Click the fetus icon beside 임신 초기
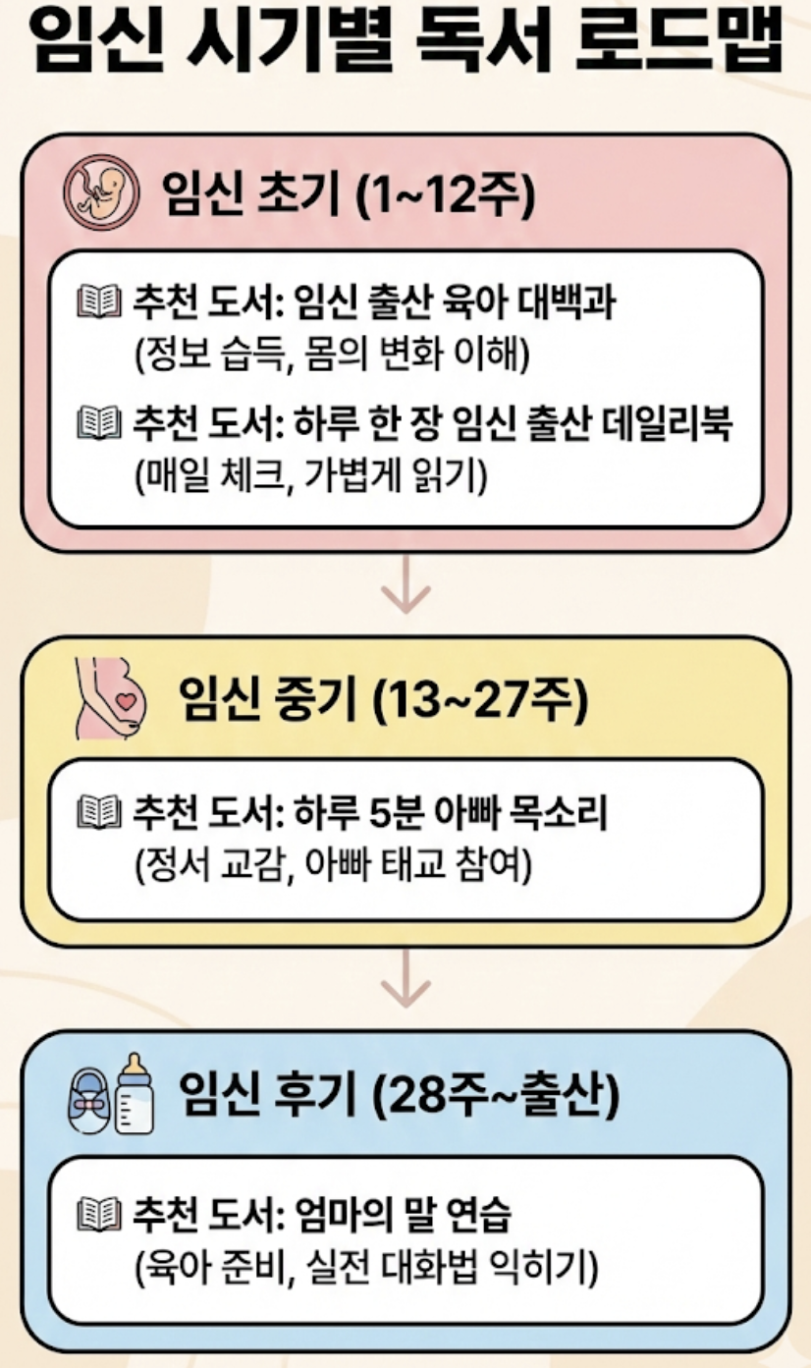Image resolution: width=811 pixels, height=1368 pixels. click(x=101, y=192)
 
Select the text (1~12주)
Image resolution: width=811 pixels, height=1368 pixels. click(x=445, y=193)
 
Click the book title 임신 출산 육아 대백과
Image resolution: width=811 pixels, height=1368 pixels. click(x=455, y=302)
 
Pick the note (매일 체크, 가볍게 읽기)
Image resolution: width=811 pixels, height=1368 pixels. click(x=311, y=474)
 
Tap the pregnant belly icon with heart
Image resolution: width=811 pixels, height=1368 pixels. click(x=110, y=698)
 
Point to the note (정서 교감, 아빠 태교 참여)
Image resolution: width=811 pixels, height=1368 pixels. click(x=334, y=863)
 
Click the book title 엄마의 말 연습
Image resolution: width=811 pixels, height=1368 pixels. click(x=403, y=1216)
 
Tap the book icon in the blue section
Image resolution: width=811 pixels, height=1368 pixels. click(x=99, y=1215)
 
